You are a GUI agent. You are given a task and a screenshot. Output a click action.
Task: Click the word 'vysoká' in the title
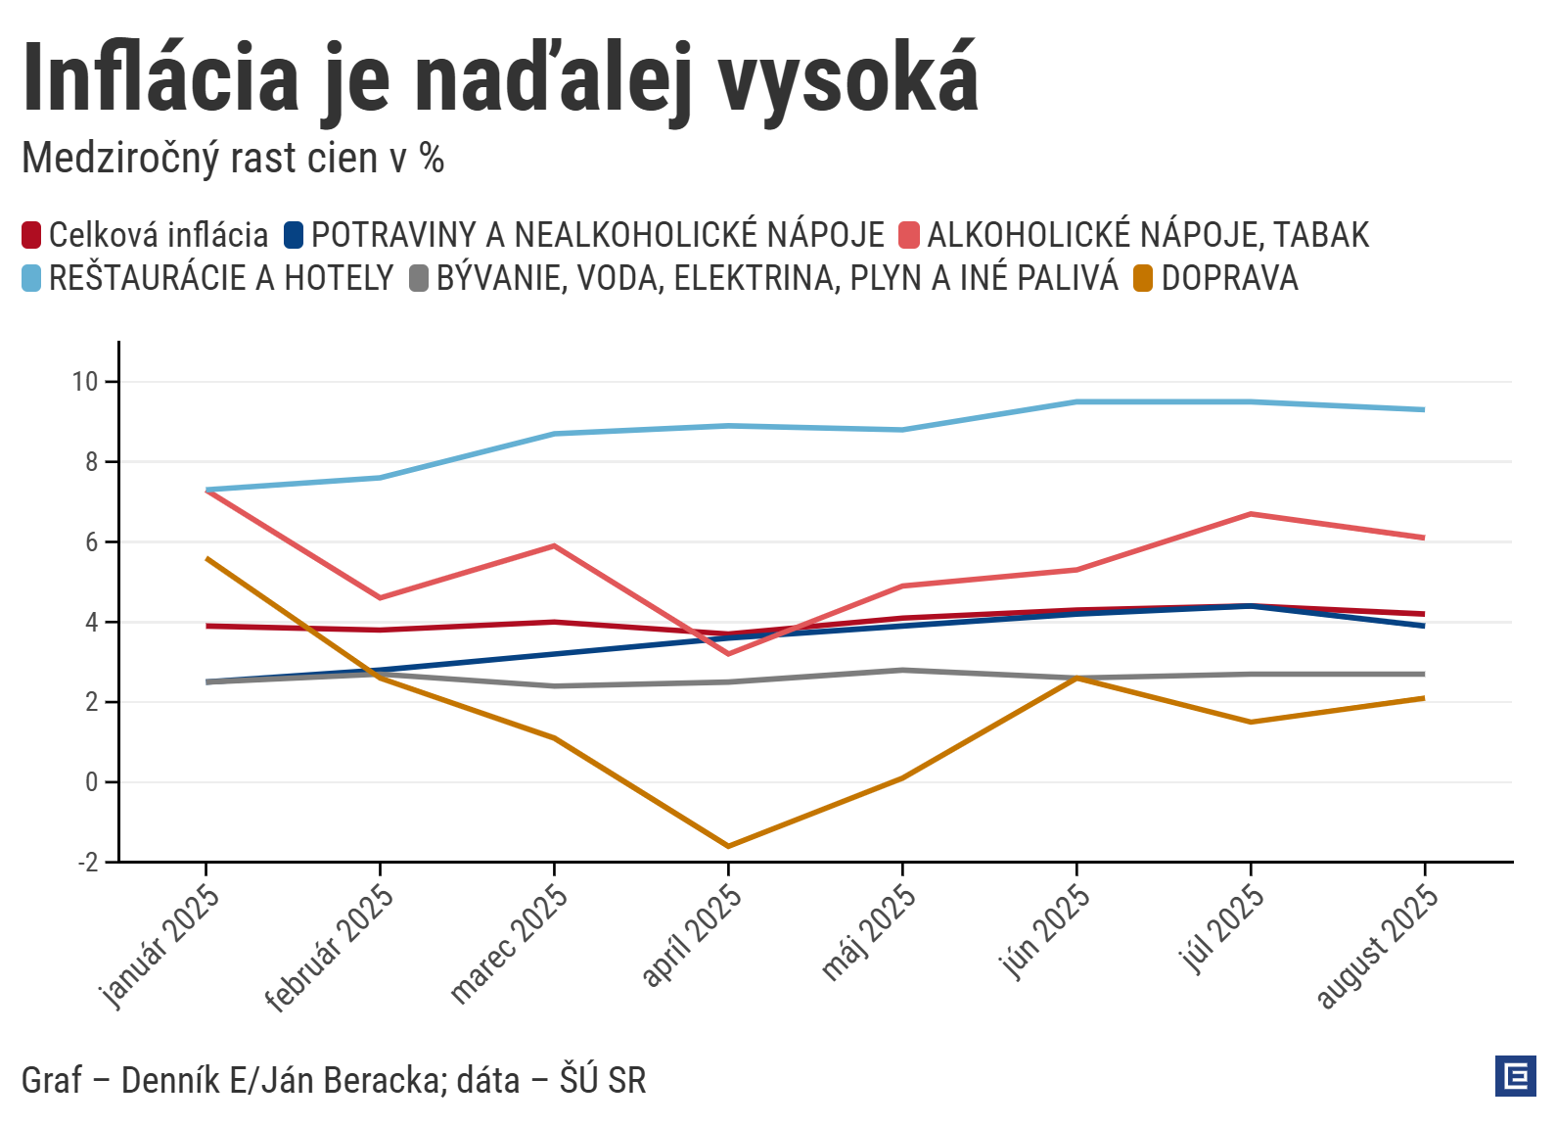848,78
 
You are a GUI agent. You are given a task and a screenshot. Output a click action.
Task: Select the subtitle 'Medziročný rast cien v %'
233,159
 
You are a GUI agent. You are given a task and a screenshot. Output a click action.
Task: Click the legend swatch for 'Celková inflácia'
32,235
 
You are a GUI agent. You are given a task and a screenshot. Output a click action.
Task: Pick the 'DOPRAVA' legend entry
1229,278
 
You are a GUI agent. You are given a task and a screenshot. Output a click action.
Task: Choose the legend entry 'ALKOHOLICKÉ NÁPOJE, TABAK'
1147,235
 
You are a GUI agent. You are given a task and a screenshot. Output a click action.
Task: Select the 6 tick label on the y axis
92,542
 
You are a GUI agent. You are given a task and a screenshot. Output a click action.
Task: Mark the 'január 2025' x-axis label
160,946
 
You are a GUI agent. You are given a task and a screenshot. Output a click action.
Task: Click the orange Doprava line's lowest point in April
728,846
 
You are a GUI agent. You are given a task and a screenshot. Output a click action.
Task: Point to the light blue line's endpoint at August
1424,409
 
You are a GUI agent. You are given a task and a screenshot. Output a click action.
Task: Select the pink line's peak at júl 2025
1251,514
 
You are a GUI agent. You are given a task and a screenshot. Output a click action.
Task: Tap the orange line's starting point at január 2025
206,558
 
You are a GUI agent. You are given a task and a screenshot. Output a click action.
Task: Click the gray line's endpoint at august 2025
1424,675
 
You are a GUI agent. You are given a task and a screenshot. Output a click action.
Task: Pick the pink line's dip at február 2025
380,597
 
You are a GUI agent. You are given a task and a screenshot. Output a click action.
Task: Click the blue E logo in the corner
1516,1076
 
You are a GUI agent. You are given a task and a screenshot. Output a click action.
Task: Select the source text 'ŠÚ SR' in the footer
603,1081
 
